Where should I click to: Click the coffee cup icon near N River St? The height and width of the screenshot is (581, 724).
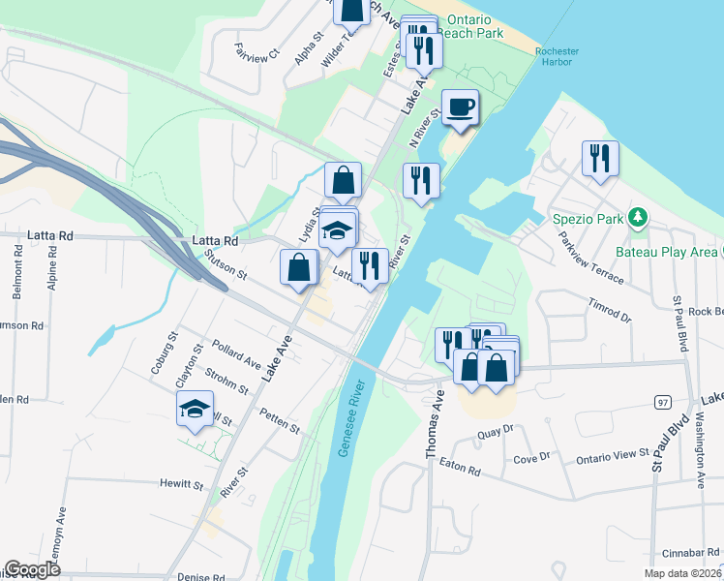(460, 106)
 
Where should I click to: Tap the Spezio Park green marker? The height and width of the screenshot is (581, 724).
(638, 216)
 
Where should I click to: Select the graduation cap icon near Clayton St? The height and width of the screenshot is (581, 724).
(195, 410)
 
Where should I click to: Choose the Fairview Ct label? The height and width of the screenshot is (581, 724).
(256, 49)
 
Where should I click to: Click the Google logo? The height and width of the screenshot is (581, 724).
(32, 569)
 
